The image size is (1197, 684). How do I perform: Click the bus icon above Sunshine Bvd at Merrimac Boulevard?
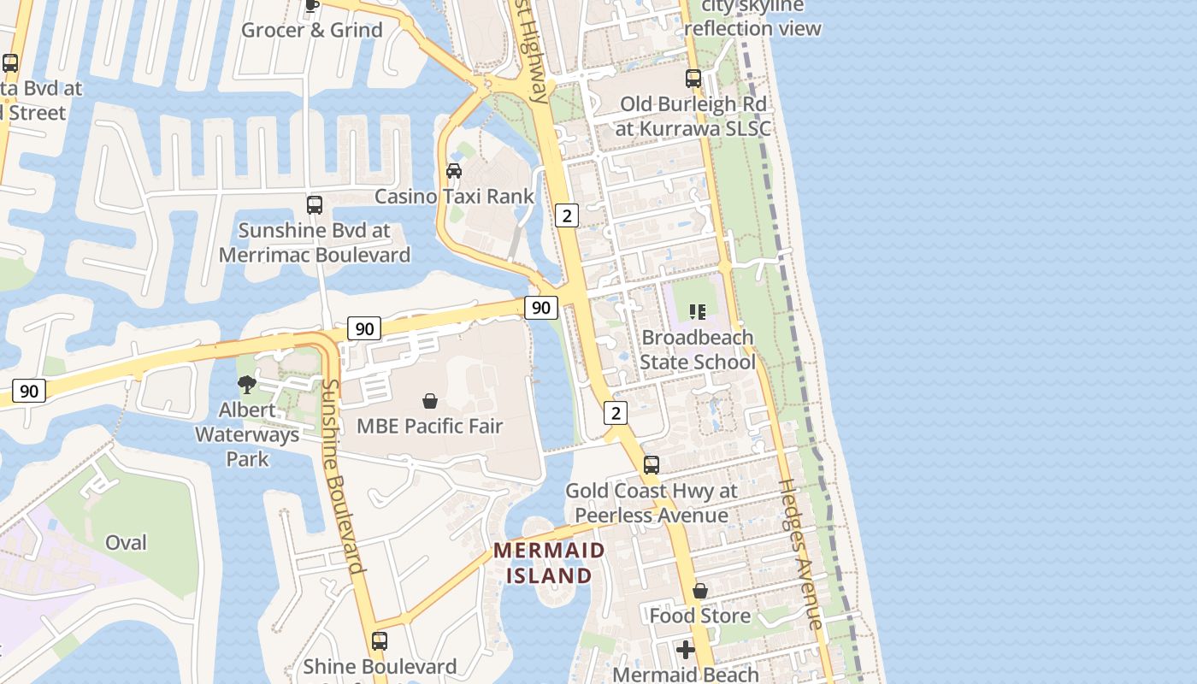pyautogui.click(x=315, y=205)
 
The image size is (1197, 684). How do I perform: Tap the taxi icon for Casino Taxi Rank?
pyautogui.click(x=454, y=171)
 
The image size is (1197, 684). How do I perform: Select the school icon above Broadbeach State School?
pyautogui.click(x=698, y=312)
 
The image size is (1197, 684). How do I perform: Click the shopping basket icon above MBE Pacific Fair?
pyautogui.click(x=430, y=400)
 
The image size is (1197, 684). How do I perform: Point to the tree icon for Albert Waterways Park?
pyautogui.click(x=247, y=385)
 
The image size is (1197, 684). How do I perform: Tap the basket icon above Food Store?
pyautogui.click(x=700, y=591)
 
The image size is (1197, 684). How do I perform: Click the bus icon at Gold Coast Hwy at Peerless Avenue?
pyautogui.click(x=652, y=465)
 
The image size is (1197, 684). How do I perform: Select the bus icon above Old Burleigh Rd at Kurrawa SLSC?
pyautogui.click(x=693, y=79)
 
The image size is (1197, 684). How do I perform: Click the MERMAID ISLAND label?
pyautogui.click(x=549, y=563)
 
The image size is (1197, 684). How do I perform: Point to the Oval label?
pyautogui.click(x=126, y=542)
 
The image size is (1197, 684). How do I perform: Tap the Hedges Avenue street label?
pyautogui.click(x=801, y=554)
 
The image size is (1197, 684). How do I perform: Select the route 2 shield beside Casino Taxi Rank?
pyautogui.click(x=566, y=215)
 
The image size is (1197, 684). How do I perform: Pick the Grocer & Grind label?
pyautogui.click(x=312, y=30)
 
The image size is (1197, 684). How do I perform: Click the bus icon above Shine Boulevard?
pyautogui.click(x=380, y=640)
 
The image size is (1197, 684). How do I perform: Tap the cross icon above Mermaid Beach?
pyautogui.click(x=685, y=650)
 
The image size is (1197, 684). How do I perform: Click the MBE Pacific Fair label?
pyautogui.click(x=429, y=426)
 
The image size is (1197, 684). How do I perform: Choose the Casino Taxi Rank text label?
pyautogui.click(x=454, y=196)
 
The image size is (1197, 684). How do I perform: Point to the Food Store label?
pyautogui.click(x=699, y=616)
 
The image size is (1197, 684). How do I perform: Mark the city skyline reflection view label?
pyautogui.click(x=752, y=17)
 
